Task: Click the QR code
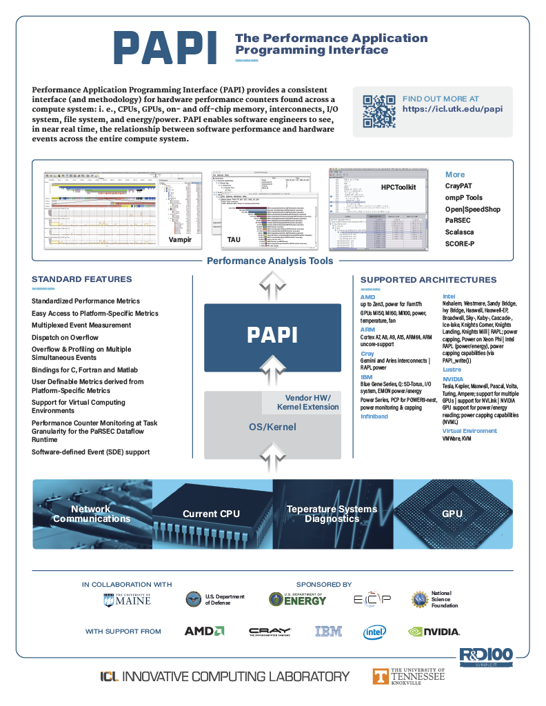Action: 378,111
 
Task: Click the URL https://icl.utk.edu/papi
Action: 452,109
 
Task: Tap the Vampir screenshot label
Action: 180,239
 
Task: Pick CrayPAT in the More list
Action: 463,186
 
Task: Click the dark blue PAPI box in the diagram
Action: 272,336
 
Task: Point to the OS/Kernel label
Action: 272,427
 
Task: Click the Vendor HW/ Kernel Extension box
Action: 308,402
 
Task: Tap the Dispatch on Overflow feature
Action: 65,337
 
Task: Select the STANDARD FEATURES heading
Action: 81,279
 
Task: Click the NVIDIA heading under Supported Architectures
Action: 453,379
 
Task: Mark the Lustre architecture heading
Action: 452,370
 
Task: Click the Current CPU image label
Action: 211,514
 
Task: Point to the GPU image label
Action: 452,514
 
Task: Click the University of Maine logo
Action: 127,599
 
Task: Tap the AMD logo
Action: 204,631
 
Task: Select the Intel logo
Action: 375,632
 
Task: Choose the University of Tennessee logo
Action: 409,676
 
